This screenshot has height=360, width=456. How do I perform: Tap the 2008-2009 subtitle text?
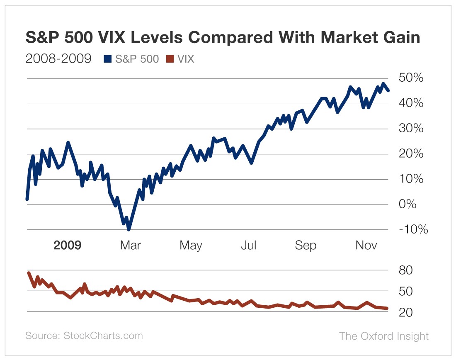pos(58,59)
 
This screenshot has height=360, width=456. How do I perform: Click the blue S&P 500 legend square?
pos(108,59)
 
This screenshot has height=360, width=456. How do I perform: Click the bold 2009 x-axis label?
pos(68,245)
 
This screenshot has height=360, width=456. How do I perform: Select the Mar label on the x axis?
pos(130,245)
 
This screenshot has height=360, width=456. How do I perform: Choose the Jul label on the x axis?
pos(248,245)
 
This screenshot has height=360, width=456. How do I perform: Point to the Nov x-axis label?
pos(366,245)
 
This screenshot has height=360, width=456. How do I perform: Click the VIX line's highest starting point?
pos(29,272)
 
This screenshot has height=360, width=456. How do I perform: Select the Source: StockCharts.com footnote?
pos(84,336)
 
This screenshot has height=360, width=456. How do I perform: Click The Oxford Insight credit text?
pos(384,336)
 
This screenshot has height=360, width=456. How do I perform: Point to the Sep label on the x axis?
pos(306,245)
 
